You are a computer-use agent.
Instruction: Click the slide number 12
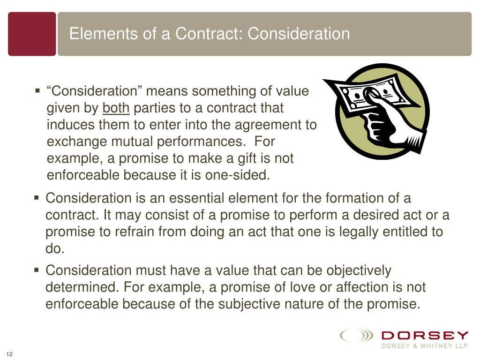coord(8,353)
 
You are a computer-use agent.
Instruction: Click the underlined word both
coord(116,108)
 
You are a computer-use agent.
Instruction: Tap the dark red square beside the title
coord(32,34)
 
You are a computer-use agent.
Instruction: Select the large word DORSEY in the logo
coord(425,335)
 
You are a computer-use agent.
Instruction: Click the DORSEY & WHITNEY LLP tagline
coord(425,346)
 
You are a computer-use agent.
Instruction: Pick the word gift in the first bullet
coord(243,158)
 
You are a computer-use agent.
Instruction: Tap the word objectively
coord(359,270)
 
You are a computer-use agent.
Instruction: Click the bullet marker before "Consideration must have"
coord(37,270)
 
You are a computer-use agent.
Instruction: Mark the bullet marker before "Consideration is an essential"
coord(37,198)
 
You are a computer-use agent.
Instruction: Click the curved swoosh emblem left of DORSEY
coord(356,336)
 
